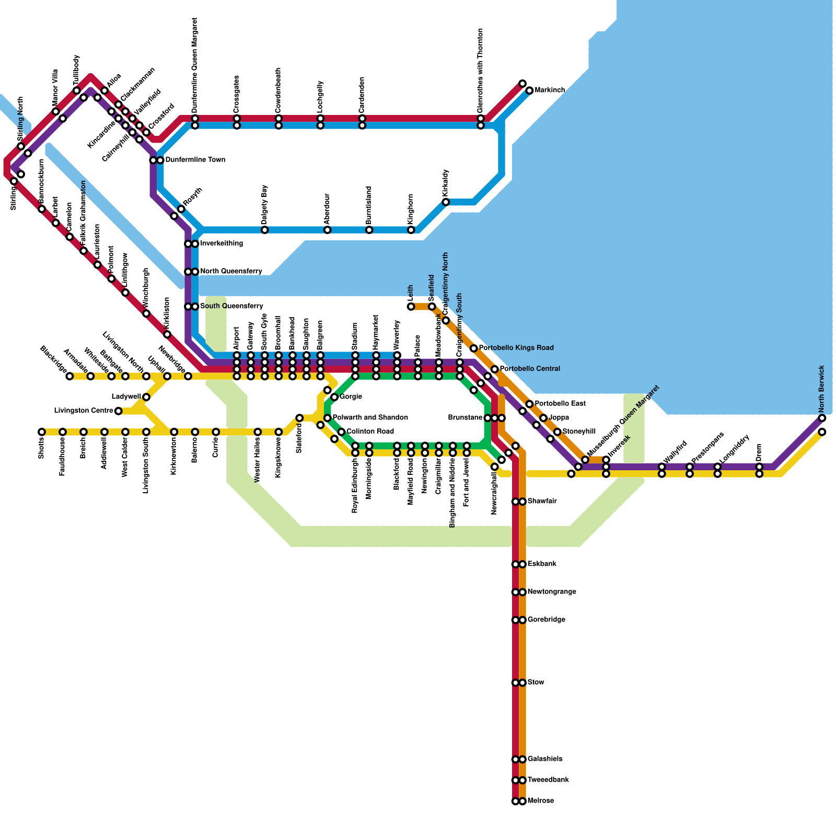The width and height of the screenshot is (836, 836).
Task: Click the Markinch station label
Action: [x=549, y=90]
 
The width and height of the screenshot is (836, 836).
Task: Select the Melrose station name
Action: [x=540, y=801]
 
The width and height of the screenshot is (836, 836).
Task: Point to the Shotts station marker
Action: [x=42, y=432]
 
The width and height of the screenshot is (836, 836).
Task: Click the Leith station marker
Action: [x=411, y=307]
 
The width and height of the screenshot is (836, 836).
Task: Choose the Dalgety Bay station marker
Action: [x=265, y=230]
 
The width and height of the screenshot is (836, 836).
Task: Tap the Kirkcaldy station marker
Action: [x=446, y=202]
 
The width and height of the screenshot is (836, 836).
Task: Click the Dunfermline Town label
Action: [x=195, y=160]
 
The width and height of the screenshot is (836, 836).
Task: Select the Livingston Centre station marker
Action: [x=119, y=411]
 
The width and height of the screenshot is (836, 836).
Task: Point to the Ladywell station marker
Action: [x=146, y=397]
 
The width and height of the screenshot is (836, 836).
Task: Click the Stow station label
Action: [x=536, y=682]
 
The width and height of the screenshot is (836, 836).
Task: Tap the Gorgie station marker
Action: [x=334, y=397]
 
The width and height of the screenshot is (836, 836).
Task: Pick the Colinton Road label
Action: [x=370, y=432]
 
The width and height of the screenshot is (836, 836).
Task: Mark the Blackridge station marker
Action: [x=69, y=376]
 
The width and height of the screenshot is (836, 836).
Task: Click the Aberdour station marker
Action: [x=328, y=230]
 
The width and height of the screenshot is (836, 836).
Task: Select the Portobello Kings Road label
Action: [x=516, y=348]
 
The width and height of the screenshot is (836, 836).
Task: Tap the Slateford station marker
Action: [x=299, y=418]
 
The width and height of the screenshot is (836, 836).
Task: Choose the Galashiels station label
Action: [x=545, y=759]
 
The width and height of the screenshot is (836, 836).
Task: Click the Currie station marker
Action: [x=216, y=432]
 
